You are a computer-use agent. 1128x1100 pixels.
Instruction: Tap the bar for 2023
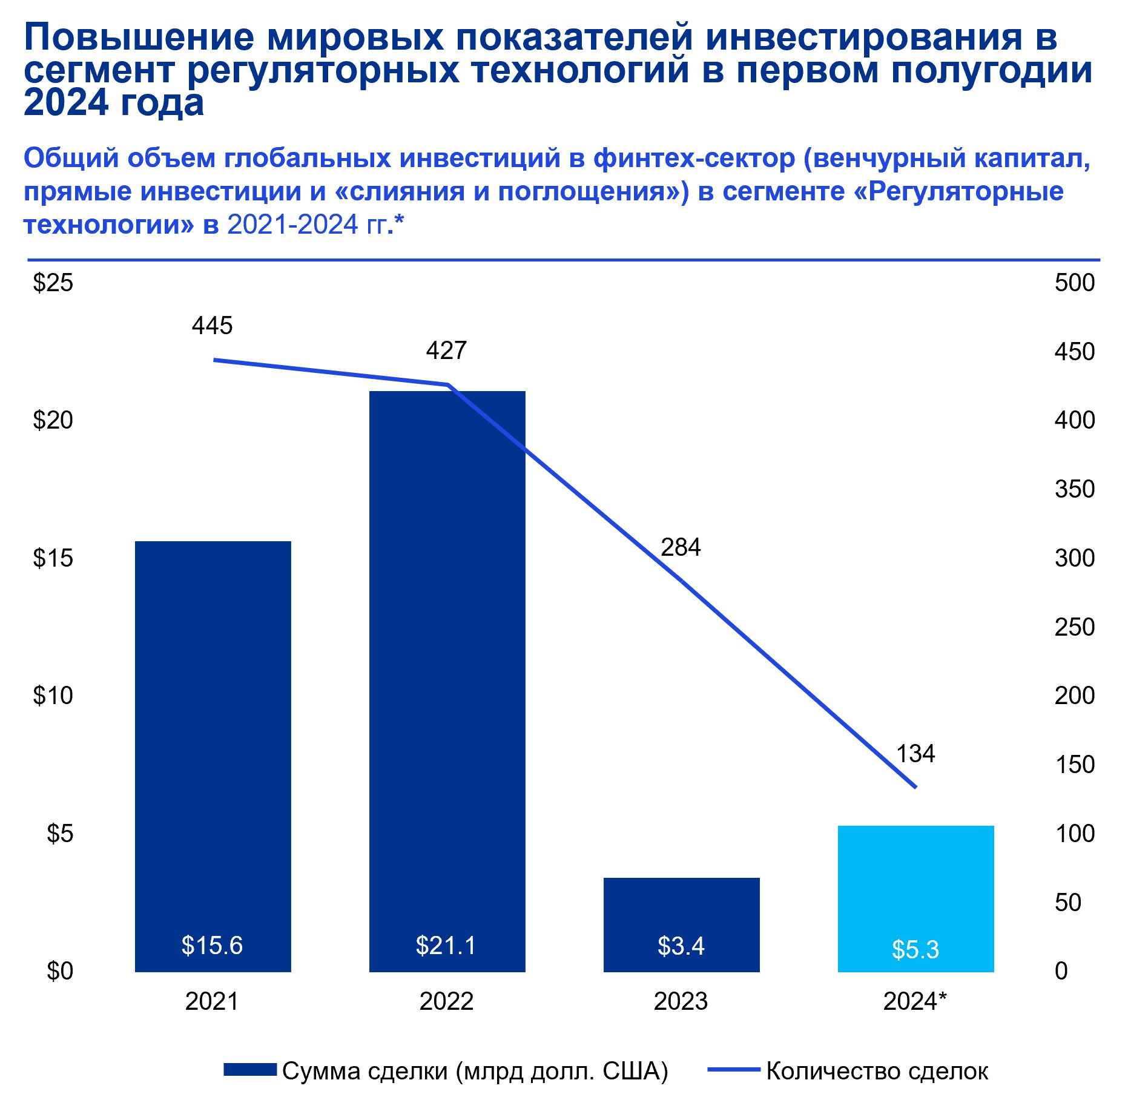pos(681,908)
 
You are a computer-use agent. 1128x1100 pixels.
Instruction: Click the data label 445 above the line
pos(212,326)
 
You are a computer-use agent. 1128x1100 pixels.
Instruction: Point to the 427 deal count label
pos(446,351)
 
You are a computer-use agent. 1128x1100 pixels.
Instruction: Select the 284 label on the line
pos(681,548)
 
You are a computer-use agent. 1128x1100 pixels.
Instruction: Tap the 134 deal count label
pos(915,754)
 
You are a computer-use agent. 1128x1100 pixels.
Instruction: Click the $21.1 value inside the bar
pos(446,946)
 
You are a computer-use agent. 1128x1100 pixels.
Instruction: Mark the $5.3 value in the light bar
pos(915,950)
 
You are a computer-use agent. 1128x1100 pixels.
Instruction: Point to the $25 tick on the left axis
pos(53,283)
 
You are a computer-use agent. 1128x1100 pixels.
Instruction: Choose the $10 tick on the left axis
pos(53,696)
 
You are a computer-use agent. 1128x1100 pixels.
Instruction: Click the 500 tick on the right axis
pos(1074,283)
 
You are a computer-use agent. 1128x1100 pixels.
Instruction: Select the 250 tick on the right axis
pos(1074,627)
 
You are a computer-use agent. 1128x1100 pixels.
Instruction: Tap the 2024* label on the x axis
pos(914,1002)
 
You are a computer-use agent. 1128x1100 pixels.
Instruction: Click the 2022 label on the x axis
pos(446,1002)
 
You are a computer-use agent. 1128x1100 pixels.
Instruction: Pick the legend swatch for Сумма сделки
pos(250,1070)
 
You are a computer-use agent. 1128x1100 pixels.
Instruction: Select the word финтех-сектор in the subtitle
pos(694,159)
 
